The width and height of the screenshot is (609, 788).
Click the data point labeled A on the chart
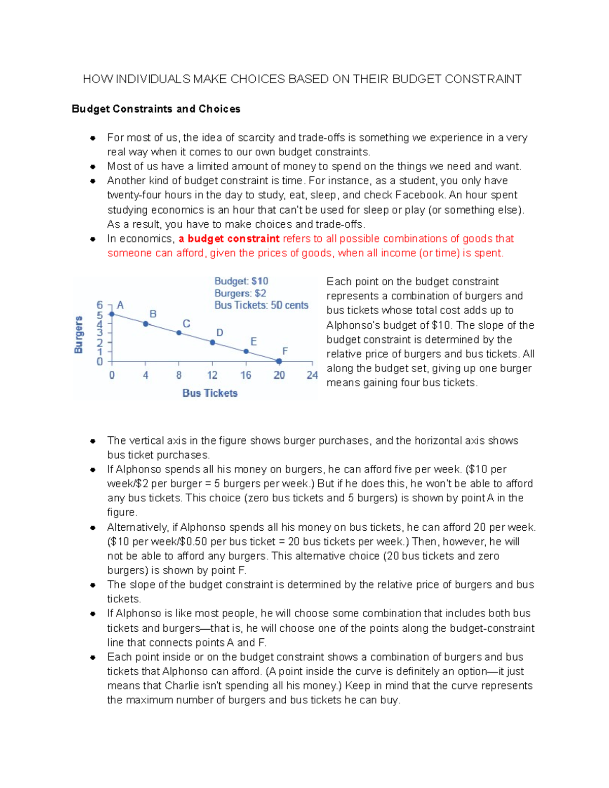pos(112,315)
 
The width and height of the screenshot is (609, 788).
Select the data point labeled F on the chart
pos(279,361)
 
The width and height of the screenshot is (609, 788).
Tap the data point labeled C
pos(179,333)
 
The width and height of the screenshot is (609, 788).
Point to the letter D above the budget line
pos(220,333)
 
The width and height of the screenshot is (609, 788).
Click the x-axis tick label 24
pos(312,375)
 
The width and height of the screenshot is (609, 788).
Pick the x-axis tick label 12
pos(212,375)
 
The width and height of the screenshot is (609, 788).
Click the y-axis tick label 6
pos(99,305)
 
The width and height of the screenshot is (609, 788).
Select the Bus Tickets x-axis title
pos(210,393)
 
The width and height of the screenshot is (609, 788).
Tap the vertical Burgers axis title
pos(79,335)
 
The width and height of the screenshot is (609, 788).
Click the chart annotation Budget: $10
pos(241,281)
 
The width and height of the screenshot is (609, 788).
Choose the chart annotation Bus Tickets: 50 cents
pos(261,305)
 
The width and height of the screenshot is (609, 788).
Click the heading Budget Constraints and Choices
pos(156,109)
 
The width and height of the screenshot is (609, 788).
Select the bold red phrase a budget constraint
pos(229,239)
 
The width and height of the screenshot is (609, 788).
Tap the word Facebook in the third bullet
pos(420,195)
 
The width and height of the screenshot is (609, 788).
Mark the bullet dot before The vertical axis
pos(93,441)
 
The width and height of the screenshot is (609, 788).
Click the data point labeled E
pos(246,352)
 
